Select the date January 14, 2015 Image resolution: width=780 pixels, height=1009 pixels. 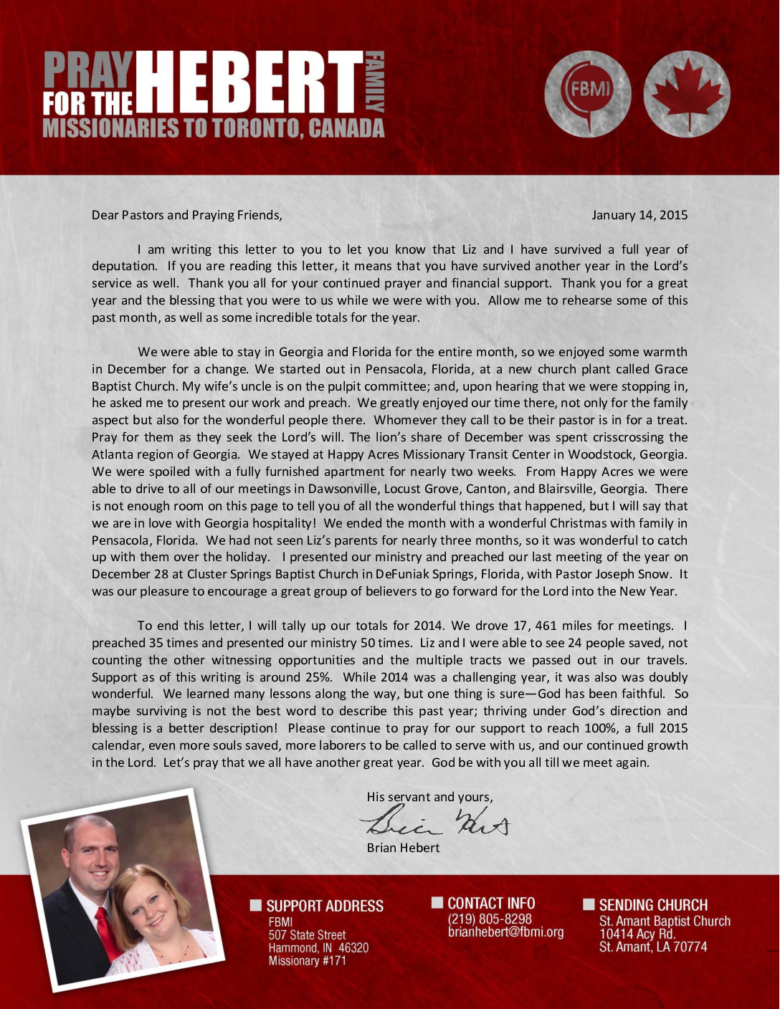pyautogui.click(x=639, y=215)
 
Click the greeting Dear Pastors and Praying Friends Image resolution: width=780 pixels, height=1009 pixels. pyautogui.click(x=187, y=215)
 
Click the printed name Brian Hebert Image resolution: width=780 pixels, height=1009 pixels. pyautogui.click(x=403, y=848)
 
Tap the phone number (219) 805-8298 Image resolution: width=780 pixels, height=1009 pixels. pyautogui.click(x=490, y=919)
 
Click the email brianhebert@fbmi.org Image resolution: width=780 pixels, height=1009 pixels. pyautogui.click(x=505, y=932)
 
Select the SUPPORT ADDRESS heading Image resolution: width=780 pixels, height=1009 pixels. pyautogui.click(x=324, y=906)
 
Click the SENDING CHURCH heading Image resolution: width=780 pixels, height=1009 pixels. pyautogui.click(x=652, y=905)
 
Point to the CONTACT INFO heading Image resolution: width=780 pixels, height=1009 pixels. pyautogui.click(x=491, y=903)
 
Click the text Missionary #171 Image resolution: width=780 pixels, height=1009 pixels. pyautogui.click(x=307, y=960)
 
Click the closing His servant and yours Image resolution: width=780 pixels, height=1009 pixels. pyautogui.click(x=429, y=797)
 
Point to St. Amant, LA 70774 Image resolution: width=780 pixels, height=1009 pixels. pyautogui.click(x=652, y=947)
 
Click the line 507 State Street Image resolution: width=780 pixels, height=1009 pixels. pyautogui.click(x=307, y=934)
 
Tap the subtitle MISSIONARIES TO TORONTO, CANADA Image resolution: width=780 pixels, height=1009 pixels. pyautogui.click(x=214, y=128)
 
